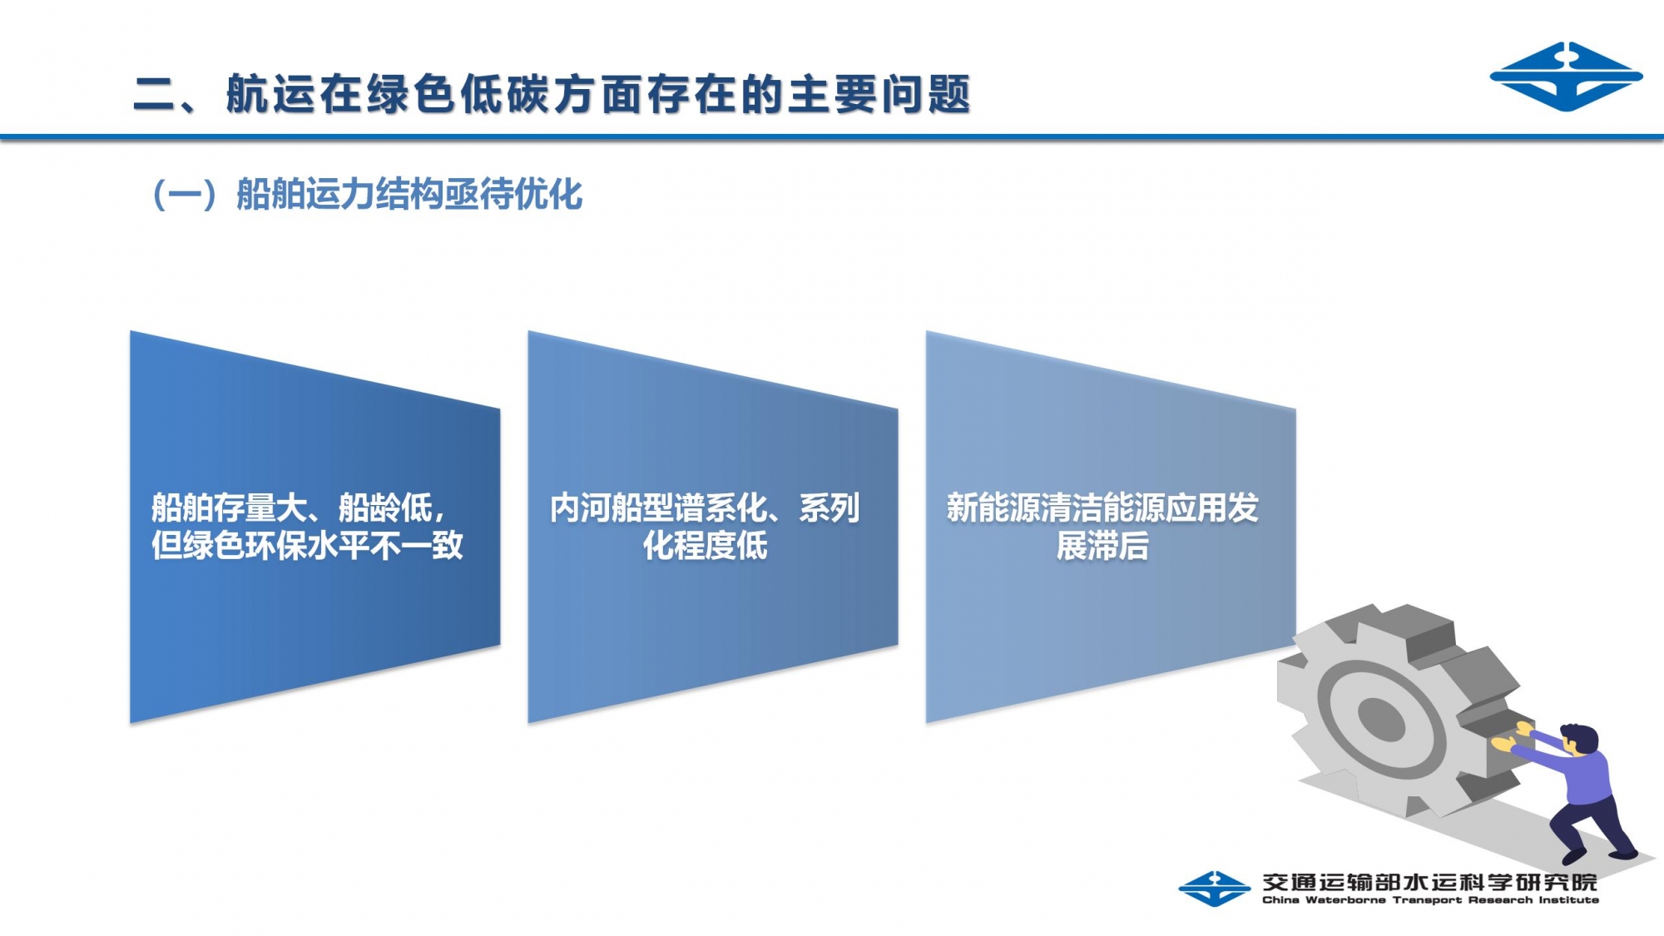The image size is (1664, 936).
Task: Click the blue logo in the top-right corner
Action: tap(1566, 77)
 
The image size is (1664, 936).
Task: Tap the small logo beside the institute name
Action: tap(1215, 889)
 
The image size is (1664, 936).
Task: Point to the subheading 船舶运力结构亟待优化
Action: tap(409, 195)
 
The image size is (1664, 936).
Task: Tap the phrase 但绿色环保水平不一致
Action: tap(307, 546)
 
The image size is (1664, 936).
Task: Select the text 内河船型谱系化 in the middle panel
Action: tap(658, 508)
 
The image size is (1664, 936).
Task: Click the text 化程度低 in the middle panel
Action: tap(705, 546)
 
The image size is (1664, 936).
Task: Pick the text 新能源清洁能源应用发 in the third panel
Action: tap(1102, 508)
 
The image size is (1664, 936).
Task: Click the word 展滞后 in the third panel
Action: tap(1102, 546)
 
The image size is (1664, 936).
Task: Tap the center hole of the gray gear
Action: tap(1380, 716)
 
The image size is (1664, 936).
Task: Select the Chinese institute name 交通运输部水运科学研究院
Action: tap(1429, 882)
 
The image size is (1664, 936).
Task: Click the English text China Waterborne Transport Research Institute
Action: tap(1430, 899)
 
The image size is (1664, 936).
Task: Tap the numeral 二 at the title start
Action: tap(154, 94)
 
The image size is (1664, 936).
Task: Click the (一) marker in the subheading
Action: tap(185, 195)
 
